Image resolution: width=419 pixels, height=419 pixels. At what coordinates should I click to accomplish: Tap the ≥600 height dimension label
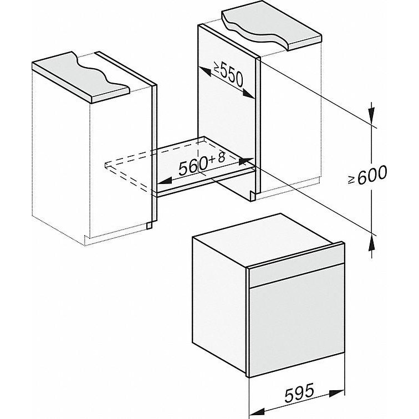point(367,176)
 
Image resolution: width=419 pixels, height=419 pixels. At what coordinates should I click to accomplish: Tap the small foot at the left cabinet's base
point(150,226)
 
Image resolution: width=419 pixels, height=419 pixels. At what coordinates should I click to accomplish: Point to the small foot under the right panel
point(252,195)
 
